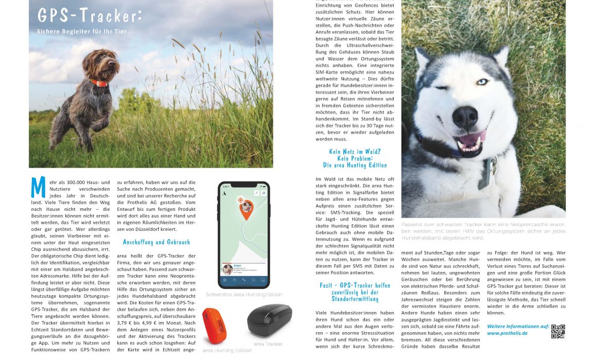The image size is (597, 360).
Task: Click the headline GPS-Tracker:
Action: point(89,15)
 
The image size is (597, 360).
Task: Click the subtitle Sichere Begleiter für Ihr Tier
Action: point(81,31)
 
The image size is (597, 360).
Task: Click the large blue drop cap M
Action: point(38,187)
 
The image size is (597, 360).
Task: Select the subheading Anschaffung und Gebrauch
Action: point(156,242)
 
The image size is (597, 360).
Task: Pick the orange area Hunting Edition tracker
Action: point(214,326)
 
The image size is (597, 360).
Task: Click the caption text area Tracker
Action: point(268,344)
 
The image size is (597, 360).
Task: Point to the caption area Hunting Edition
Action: point(227,350)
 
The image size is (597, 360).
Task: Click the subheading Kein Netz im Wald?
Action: point(355,151)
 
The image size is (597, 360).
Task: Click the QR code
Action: point(558,331)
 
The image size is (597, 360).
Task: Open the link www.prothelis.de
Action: point(507,333)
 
